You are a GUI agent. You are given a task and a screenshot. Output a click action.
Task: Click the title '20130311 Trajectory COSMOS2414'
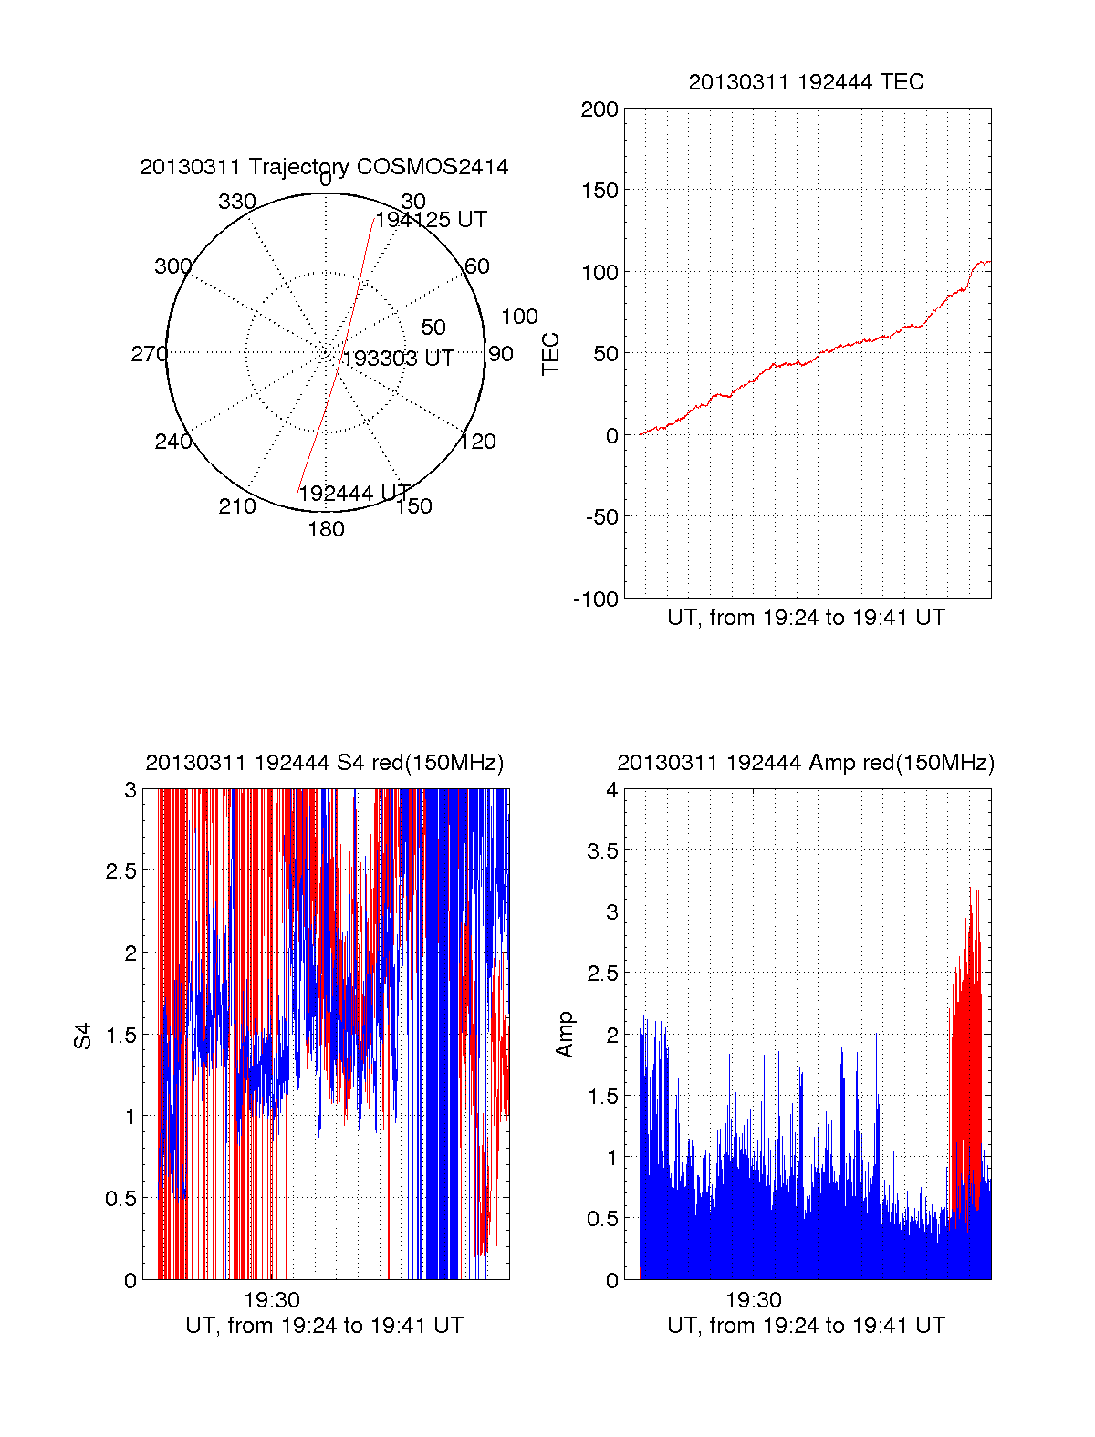[324, 167]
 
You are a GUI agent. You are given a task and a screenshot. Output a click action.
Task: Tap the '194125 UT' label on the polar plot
[431, 220]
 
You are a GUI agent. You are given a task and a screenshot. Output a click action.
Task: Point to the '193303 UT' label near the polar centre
[398, 359]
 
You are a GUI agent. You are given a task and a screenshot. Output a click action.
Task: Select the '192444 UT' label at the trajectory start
[355, 494]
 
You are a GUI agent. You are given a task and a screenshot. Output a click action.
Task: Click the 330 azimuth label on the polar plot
[237, 202]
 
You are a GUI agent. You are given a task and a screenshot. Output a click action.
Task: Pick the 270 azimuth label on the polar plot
[150, 354]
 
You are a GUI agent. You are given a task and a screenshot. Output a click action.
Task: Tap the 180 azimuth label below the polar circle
[326, 529]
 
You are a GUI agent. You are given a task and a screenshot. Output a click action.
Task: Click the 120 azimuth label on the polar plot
[478, 442]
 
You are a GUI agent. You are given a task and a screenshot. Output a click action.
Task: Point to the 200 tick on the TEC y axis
[600, 110]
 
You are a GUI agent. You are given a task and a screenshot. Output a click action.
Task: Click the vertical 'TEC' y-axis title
[551, 354]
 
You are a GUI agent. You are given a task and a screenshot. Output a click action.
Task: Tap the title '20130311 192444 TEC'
[806, 82]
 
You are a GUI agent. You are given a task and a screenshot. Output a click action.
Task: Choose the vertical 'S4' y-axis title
[83, 1036]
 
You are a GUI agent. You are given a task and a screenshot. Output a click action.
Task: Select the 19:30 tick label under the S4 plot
[272, 1300]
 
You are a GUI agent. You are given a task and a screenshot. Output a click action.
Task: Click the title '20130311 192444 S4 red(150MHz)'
[324, 763]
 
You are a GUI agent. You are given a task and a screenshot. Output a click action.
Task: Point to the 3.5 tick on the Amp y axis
[601, 851]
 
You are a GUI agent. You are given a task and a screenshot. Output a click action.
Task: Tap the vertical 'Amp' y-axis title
[565, 1035]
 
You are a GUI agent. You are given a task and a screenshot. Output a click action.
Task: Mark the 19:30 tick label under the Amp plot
[754, 1300]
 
